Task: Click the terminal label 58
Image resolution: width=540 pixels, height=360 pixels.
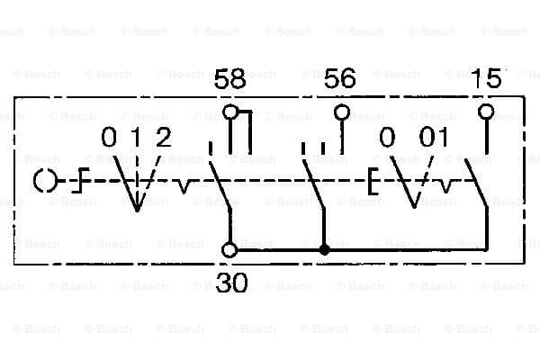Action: [229, 78]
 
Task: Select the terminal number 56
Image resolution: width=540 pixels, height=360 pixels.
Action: [339, 78]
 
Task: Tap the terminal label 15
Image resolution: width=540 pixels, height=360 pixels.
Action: [487, 78]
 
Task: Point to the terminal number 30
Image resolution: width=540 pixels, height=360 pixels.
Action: [232, 283]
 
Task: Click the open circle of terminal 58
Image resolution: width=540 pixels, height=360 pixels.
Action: [230, 112]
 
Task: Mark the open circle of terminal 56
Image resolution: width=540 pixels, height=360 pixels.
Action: [342, 112]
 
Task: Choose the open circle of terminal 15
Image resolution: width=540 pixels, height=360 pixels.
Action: [486, 112]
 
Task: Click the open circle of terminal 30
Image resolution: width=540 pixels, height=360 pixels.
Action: [229, 250]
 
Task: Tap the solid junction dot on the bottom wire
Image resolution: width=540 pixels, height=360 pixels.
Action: [324, 250]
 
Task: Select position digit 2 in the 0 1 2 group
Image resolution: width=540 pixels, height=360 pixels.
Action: [163, 137]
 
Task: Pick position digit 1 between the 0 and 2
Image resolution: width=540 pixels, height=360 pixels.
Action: [137, 137]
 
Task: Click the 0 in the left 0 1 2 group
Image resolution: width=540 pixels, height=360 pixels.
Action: [109, 137]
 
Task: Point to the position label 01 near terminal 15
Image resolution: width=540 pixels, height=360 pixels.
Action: [434, 137]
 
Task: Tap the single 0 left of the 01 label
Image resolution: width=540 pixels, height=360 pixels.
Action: [387, 137]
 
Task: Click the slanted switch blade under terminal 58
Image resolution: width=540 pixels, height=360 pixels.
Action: [220, 185]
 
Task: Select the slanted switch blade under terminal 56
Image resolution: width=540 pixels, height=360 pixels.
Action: [313, 184]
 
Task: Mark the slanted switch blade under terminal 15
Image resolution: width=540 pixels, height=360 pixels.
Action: [476, 183]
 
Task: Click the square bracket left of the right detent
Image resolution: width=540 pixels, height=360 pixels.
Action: [370, 181]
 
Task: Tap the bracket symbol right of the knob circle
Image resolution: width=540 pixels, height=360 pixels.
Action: [81, 180]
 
